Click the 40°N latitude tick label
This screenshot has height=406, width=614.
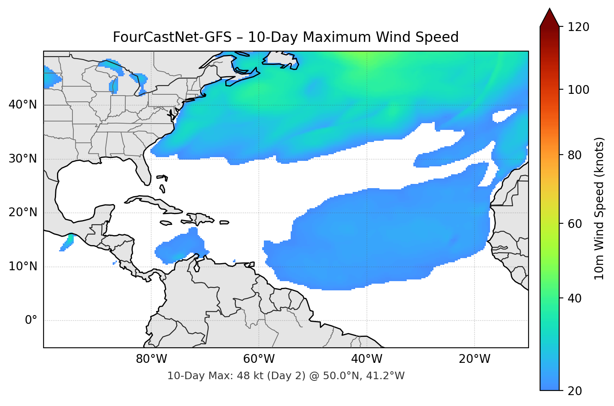coord(23,105)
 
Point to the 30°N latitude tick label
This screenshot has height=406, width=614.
coord(23,159)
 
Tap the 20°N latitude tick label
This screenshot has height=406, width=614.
coord(23,212)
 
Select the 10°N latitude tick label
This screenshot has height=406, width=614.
coord(23,266)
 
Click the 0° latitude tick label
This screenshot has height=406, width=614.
coord(31,321)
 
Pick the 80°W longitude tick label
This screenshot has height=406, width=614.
coord(151,359)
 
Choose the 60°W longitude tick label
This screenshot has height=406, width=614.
coord(259,359)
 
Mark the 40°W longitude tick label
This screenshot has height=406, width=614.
coord(367,359)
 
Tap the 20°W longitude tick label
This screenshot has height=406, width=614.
coord(475,359)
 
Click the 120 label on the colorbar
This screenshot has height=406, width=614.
coord(578,27)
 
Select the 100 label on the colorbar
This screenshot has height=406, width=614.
coord(578,90)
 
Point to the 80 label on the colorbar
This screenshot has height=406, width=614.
coord(575,155)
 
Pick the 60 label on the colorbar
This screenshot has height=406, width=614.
coord(575,224)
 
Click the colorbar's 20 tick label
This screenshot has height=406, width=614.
coord(575,391)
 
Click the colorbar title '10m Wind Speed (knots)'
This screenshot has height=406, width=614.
coord(599,208)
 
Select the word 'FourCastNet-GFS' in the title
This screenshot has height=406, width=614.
coord(172,37)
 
